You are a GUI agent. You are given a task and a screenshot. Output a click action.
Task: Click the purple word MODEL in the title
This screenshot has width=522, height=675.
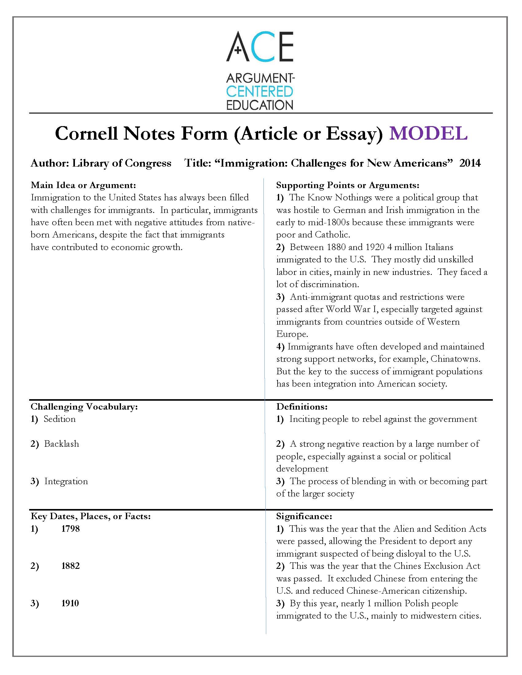pos(428,133)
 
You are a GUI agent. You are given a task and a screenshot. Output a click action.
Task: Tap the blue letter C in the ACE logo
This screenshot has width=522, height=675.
pos(260,47)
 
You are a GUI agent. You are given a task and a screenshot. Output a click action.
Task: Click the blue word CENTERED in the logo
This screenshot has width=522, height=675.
pos(259,92)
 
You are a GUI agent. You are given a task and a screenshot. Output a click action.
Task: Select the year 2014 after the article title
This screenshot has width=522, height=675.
pos(470,163)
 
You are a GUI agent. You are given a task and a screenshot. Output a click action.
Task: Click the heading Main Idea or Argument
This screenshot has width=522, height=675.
pos(83,185)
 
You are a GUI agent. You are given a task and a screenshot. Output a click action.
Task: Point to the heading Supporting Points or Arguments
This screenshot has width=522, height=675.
pos(348,185)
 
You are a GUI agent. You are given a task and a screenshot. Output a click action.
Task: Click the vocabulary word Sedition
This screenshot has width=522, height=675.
pos(59,419)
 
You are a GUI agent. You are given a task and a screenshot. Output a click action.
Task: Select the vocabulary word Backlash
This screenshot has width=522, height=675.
pos(61,444)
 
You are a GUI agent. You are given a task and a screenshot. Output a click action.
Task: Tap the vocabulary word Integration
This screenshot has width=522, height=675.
pos(66,481)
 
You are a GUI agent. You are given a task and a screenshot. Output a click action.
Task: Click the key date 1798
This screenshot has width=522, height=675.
pos(71,529)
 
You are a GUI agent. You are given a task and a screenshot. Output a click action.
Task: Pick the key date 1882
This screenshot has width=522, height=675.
pos(71,566)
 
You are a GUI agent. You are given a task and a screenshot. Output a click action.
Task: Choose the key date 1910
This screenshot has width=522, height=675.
pos(70,603)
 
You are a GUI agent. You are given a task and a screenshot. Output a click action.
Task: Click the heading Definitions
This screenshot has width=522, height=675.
pos(302,407)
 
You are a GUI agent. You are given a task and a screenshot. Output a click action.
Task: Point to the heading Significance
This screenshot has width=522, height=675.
pos(304,516)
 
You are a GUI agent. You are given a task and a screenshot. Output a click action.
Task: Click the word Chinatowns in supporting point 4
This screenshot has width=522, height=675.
pos(455,359)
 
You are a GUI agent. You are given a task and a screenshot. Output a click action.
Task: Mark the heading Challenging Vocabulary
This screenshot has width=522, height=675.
pos(84,407)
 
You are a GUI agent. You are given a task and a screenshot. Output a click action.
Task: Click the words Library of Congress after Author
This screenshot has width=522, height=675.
pos(122,163)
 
